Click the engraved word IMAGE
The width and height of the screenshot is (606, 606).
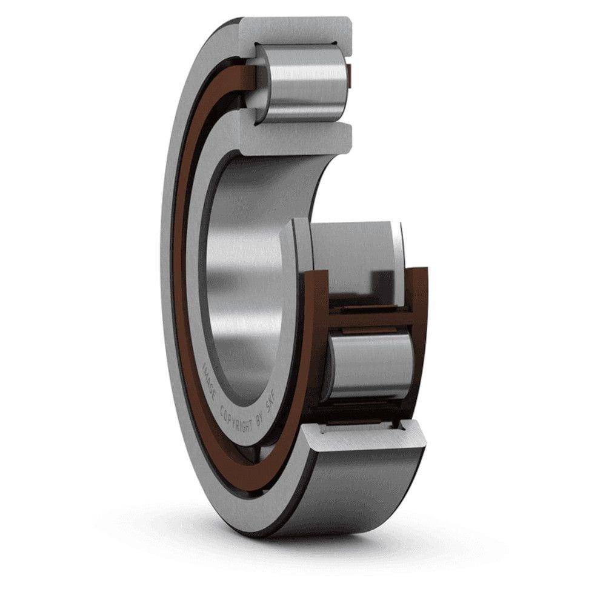tap(210, 379)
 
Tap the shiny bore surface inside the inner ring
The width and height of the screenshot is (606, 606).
tap(242, 273)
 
